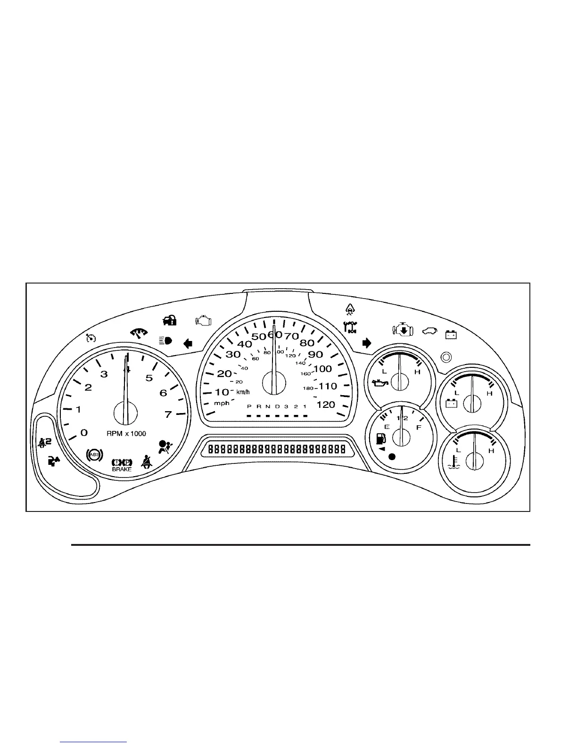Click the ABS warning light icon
[95, 454]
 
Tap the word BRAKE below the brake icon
[122, 469]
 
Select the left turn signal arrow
[188, 343]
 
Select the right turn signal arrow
[366, 343]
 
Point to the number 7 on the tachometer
[168, 414]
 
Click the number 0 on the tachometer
[84, 432]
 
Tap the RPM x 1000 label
[126, 433]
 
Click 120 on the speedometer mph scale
[326, 405]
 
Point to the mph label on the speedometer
[222, 403]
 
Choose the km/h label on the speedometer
[243, 392]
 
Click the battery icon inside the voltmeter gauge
[452, 403]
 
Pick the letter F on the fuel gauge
[418, 428]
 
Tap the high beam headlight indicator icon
[165, 341]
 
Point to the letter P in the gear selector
[249, 406]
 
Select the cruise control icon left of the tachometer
[91, 337]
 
